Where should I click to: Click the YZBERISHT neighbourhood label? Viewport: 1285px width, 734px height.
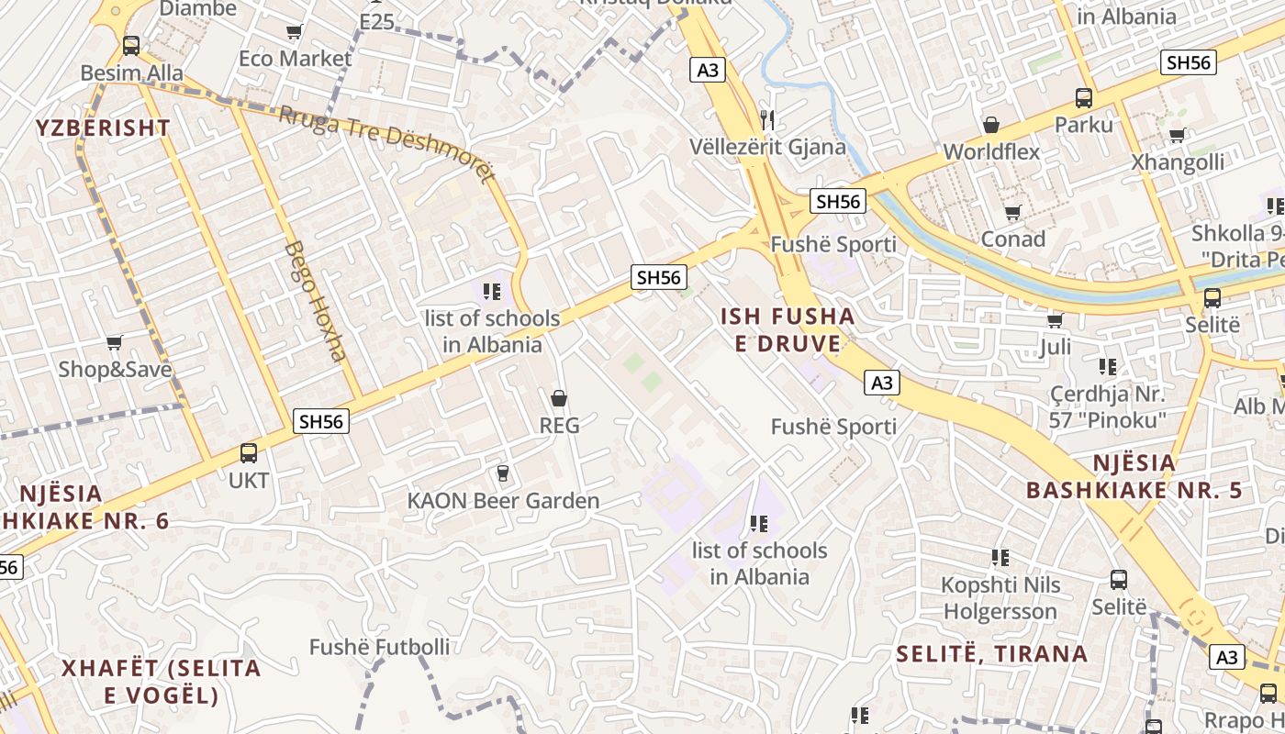(104, 128)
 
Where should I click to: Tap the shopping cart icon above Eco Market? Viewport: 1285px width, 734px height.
(295, 33)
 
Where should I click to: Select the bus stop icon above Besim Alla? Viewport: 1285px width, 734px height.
(131, 46)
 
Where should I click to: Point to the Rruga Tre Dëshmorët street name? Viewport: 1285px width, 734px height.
(385, 142)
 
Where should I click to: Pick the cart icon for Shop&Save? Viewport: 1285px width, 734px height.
(115, 343)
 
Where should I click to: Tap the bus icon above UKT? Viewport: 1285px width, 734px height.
(249, 452)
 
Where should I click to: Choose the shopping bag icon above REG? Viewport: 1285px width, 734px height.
(558, 399)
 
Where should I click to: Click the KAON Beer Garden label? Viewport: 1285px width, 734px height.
(503, 501)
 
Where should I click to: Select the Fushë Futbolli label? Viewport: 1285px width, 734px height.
(379, 647)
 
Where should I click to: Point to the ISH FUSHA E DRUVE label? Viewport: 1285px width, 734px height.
(787, 330)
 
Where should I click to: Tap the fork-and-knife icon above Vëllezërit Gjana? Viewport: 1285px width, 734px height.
(768, 119)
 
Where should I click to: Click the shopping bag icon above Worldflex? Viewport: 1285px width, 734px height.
(991, 125)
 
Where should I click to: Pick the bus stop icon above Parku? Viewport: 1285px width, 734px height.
(1084, 98)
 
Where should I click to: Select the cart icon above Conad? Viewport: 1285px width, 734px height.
(1013, 213)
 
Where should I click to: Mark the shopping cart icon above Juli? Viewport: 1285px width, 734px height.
(1056, 320)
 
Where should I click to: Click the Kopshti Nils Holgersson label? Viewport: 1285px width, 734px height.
(1000, 598)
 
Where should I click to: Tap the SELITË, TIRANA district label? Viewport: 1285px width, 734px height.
(991, 654)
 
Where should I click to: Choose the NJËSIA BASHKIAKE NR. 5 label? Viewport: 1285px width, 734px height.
(1134, 476)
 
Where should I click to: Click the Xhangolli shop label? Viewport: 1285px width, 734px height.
(1178, 162)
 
